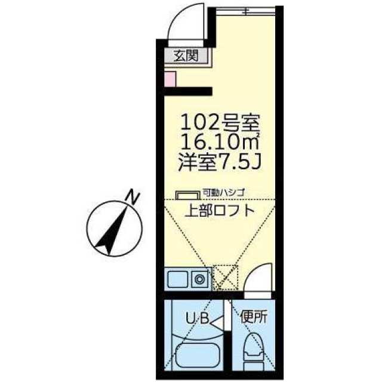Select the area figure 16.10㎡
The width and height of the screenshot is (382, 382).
coord(220,143)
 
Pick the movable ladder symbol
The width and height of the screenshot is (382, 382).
coord(187,195)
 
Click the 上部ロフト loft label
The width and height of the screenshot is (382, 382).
coord(218,210)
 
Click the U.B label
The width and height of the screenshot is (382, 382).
coord(199,318)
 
